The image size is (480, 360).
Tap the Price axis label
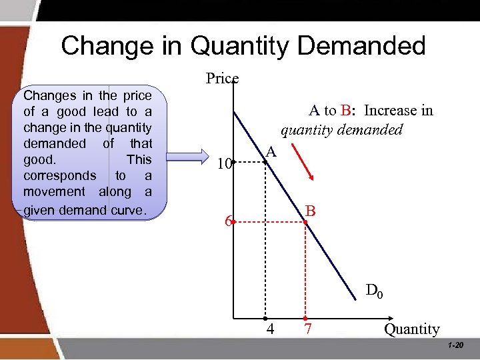pos(222,79)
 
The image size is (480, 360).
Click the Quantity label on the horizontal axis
pos(411,329)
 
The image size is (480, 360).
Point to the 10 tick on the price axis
pos(224,163)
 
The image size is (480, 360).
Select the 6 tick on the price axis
pos(228,223)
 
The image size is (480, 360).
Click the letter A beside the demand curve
pos(270,151)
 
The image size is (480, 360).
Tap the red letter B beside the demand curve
pos(310,211)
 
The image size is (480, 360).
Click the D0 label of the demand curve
pos(374,291)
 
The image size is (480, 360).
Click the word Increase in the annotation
pos(389,110)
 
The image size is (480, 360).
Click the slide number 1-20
pos(456,345)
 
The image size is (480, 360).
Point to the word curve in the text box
pos(131,211)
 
